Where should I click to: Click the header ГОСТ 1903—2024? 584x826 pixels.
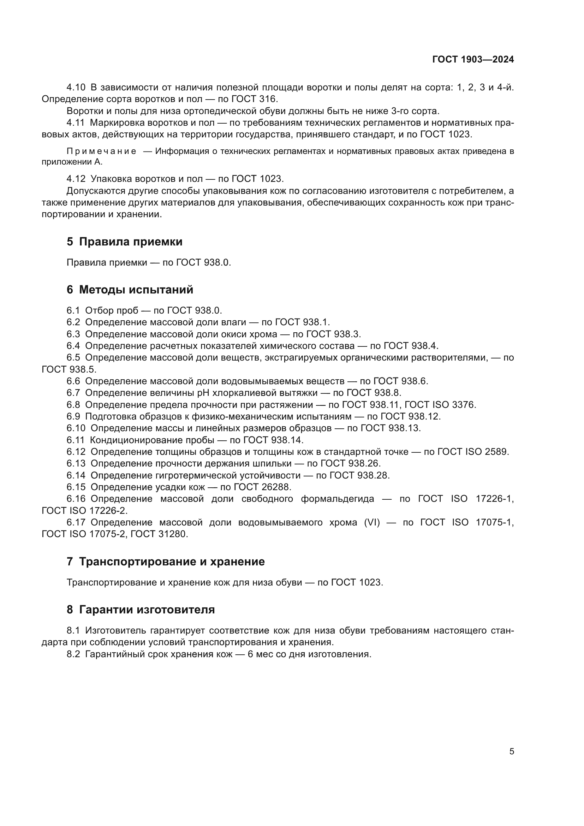[473, 60]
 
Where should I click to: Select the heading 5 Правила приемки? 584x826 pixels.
[124, 242]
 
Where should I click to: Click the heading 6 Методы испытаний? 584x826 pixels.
[130, 290]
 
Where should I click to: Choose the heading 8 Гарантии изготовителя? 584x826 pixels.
[141, 610]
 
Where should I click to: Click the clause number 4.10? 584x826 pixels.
[76, 88]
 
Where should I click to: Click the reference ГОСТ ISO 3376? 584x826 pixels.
[440, 405]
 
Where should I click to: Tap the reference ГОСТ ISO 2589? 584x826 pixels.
[473, 452]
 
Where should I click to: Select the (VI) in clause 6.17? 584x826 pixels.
[372, 523]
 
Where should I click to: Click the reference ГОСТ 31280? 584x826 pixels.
[159, 534]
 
